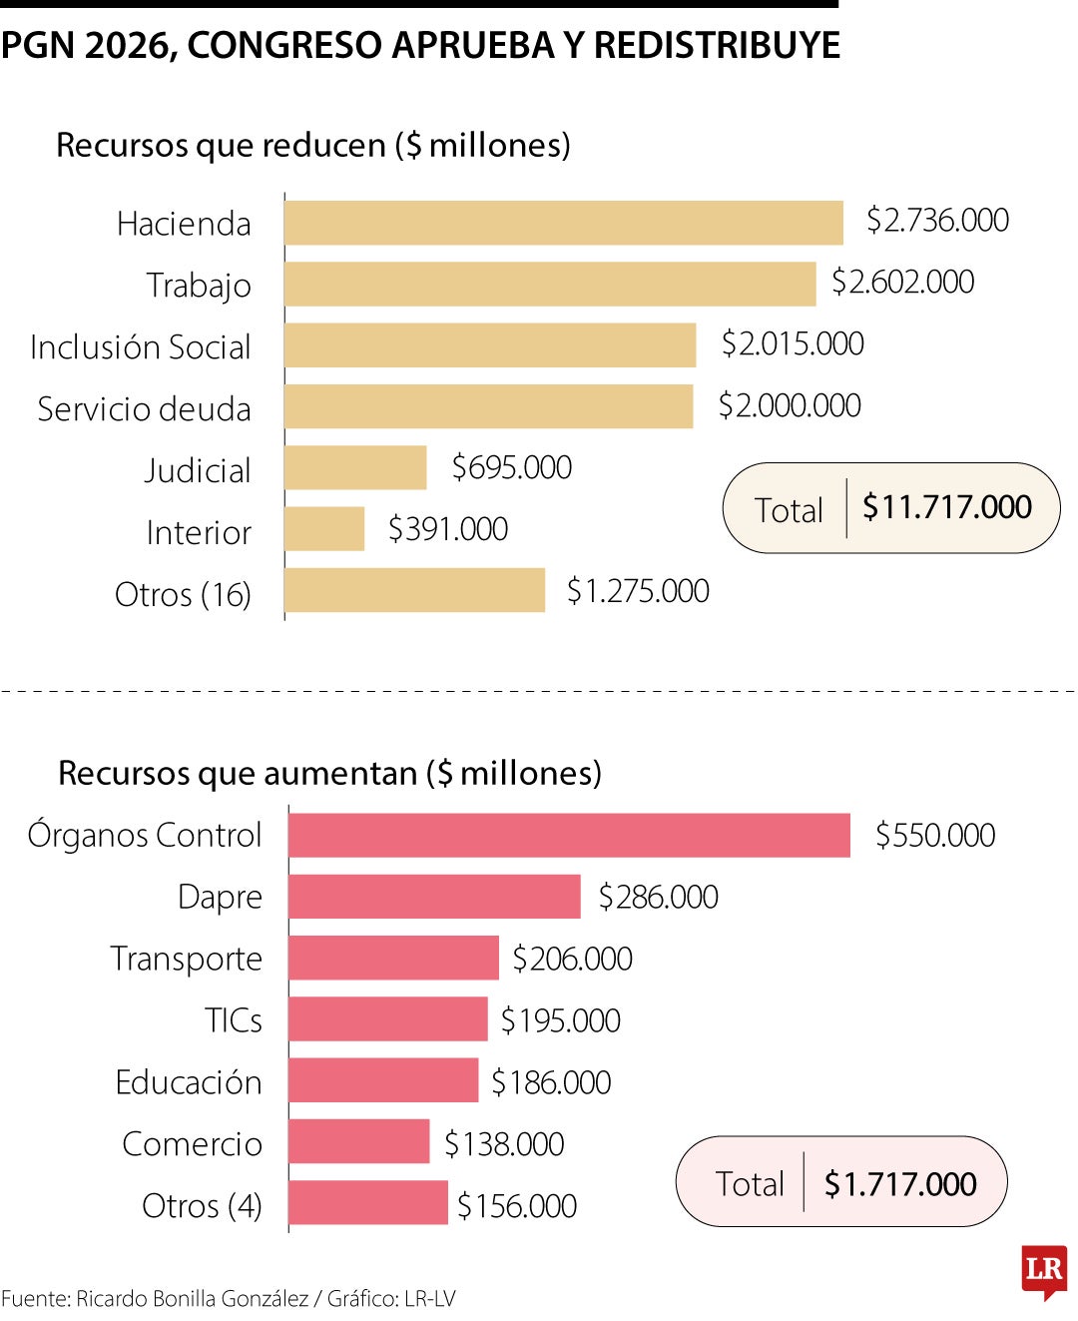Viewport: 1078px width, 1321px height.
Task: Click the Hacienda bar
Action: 563,223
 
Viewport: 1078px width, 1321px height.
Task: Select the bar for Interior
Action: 324,529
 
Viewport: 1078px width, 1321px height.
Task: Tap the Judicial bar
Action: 355,467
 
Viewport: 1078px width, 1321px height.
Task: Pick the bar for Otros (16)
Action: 414,591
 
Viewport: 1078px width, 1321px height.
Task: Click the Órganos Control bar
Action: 569,835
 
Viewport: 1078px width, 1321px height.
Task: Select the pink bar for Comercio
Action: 359,1142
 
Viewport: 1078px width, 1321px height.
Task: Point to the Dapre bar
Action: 434,897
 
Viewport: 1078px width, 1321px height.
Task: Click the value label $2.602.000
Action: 902,283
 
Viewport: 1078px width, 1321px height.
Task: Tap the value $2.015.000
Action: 793,344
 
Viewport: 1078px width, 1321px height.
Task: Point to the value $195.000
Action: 560,1020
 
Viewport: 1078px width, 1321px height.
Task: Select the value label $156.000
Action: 517,1206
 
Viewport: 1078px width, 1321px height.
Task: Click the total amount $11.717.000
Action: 946,507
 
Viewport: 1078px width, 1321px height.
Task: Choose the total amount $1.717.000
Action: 900,1184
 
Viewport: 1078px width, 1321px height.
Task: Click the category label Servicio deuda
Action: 144,409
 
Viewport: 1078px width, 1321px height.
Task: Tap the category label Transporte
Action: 186,959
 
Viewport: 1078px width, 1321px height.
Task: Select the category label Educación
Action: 188,1082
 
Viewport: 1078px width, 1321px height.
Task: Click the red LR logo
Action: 1044,1271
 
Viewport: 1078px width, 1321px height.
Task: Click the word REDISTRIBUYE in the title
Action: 717,46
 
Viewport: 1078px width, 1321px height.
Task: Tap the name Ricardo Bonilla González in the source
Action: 192,1299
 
